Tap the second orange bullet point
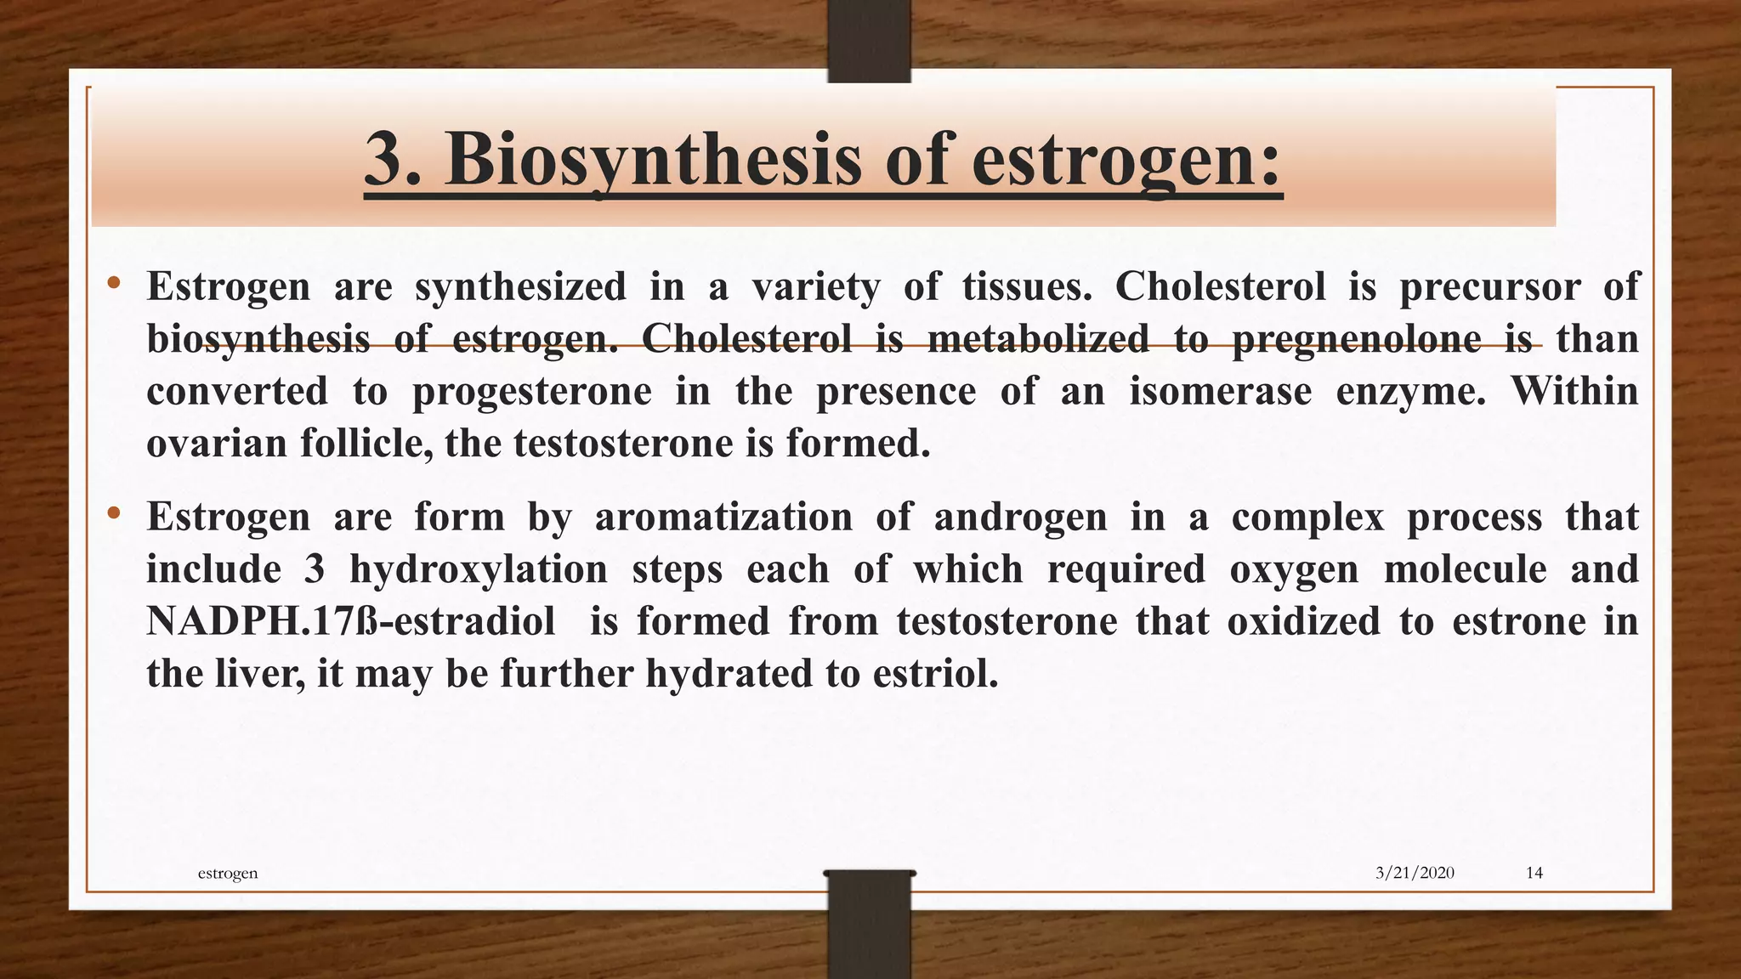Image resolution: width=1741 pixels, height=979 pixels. (114, 513)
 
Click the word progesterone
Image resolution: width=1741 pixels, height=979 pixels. (532, 392)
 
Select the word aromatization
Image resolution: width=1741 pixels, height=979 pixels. (723, 517)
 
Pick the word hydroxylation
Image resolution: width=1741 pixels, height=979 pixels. (479, 569)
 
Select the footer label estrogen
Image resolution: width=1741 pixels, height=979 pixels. (227, 873)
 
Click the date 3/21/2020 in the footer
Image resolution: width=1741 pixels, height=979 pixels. (1415, 873)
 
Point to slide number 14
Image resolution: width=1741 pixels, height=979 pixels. (1534, 873)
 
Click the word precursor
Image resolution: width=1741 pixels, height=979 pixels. (1489, 286)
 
